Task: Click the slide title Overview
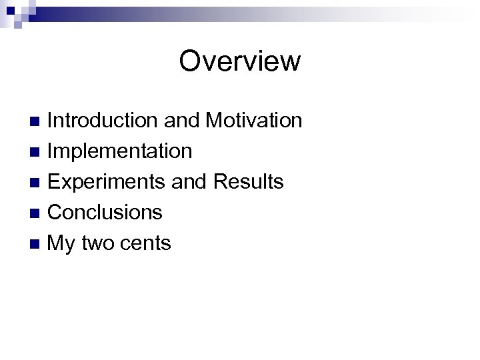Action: tap(240, 61)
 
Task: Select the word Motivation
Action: tap(254, 121)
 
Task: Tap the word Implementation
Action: tap(121, 151)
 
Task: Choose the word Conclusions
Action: tap(105, 213)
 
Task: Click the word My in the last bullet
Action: tap(62, 244)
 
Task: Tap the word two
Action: tap(99, 244)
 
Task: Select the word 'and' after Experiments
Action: tap(189, 182)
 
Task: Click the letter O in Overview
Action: tap(190, 61)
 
